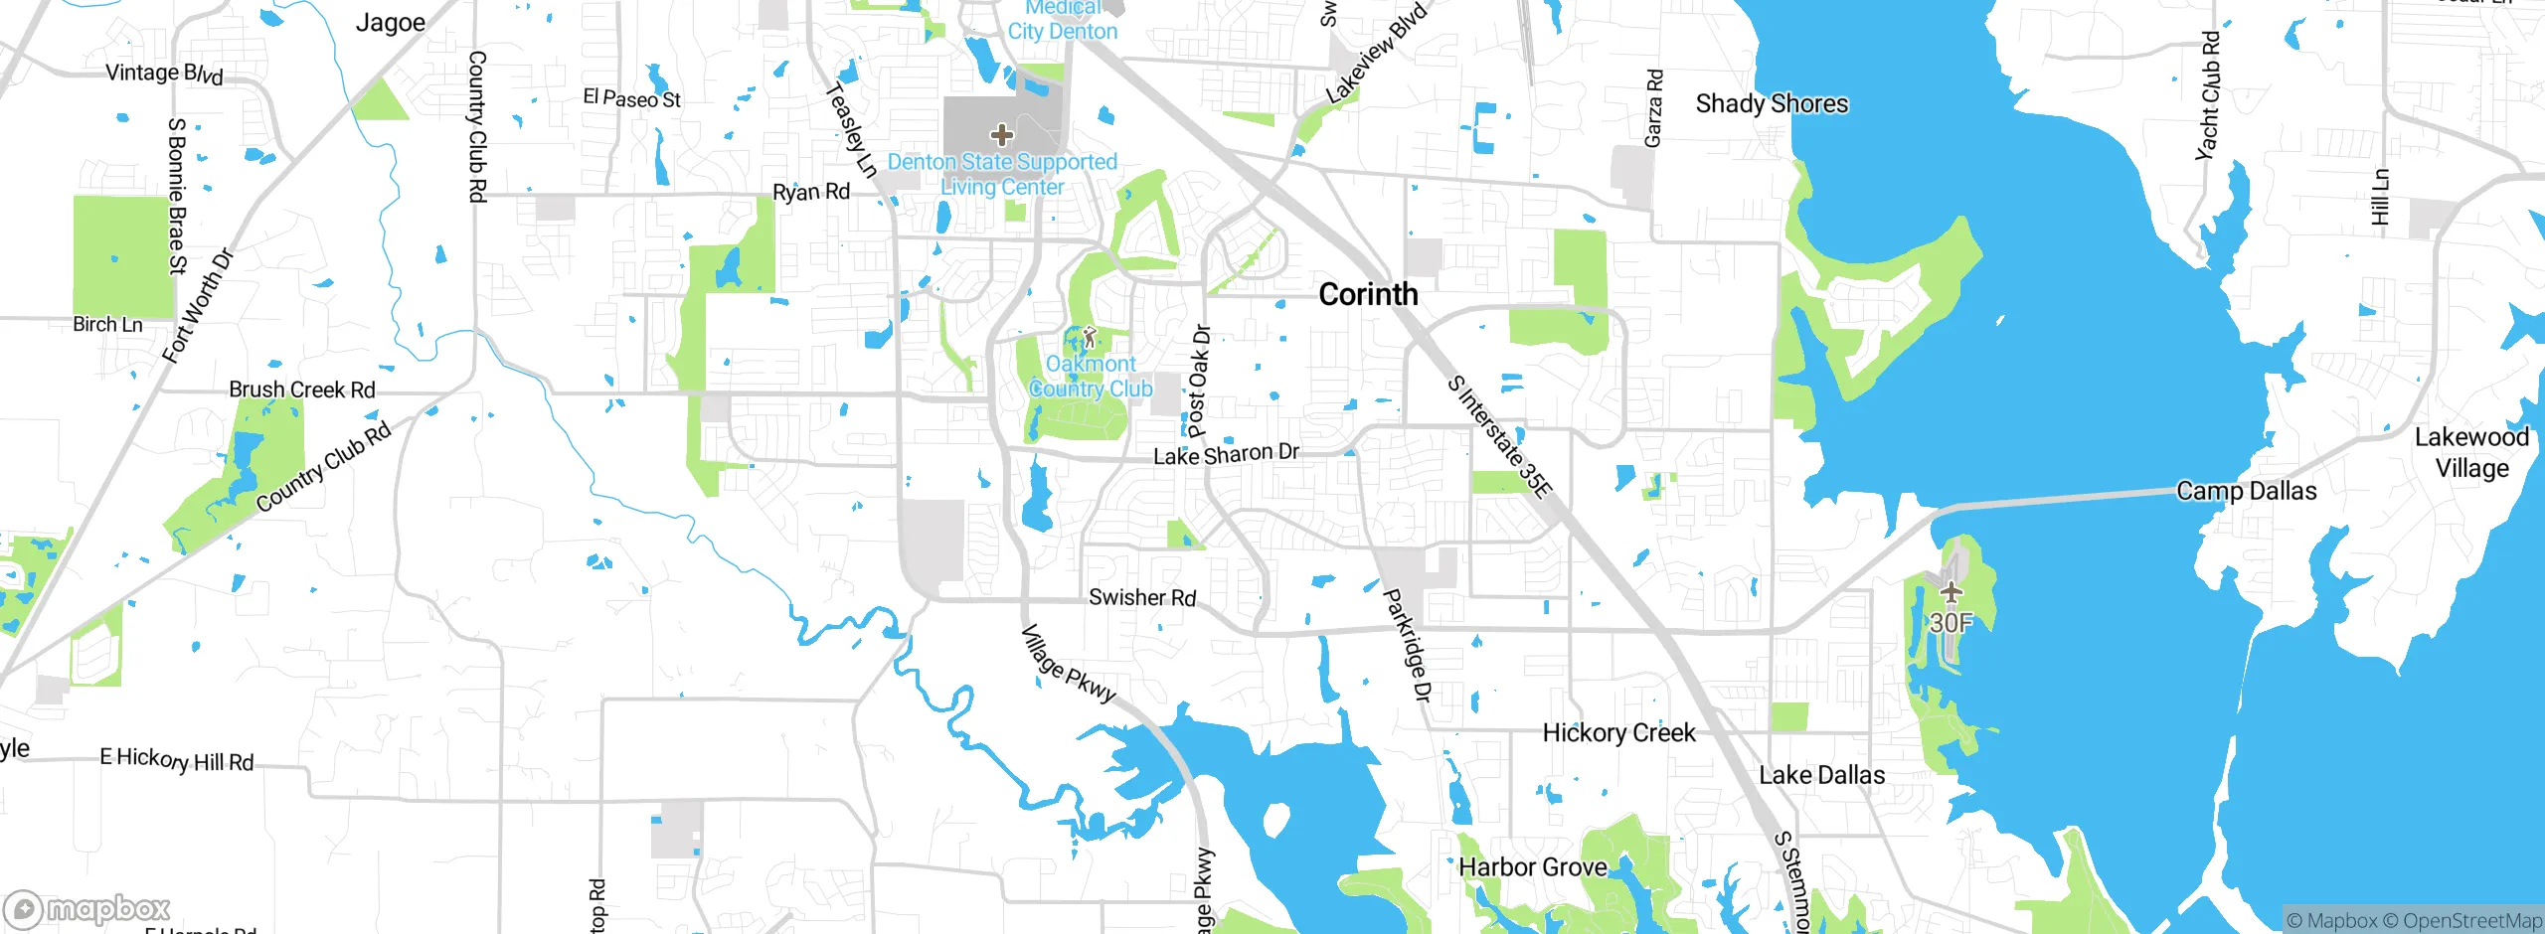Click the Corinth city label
[1368, 294]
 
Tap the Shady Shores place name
[1772, 103]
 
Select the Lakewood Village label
[2471, 452]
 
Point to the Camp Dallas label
[2246, 491]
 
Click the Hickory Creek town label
[1618, 733]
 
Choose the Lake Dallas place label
[1821, 775]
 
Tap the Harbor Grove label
[1532, 867]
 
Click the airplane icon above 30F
[1951, 593]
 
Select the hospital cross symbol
[1002, 134]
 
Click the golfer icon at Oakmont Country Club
[1090, 338]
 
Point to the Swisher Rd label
[1142, 597]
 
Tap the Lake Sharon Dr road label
[1226, 454]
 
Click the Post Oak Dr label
[1199, 382]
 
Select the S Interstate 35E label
[1498, 436]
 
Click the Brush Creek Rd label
[302, 389]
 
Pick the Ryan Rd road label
[811, 192]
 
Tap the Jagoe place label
[391, 23]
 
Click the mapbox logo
[87, 909]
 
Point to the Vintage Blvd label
[165, 74]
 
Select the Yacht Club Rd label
[2209, 95]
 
